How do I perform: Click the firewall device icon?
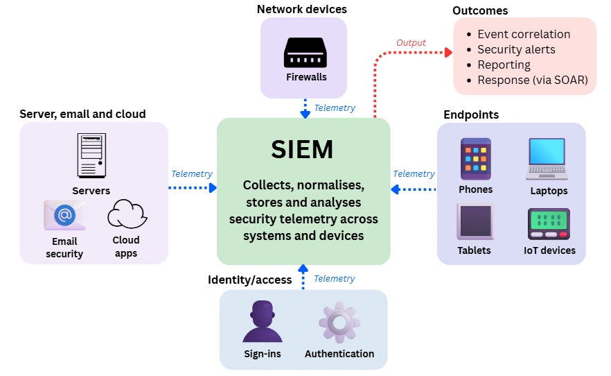point(305,53)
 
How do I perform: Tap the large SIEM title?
point(302,150)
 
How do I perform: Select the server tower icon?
point(91,156)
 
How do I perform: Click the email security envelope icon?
point(64,215)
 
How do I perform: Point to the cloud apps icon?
point(125,214)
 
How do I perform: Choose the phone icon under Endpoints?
point(475,159)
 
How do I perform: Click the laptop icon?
point(549,159)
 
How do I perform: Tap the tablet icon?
point(475,221)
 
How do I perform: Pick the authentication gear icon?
point(339,322)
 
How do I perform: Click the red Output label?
point(411,43)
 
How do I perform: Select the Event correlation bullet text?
point(524,34)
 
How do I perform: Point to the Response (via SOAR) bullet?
point(532,80)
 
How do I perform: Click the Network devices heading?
point(301,9)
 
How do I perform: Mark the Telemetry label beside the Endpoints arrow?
point(414,173)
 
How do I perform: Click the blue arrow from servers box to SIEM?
point(193,187)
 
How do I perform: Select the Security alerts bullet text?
point(516,49)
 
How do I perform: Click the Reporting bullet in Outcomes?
point(504,65)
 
